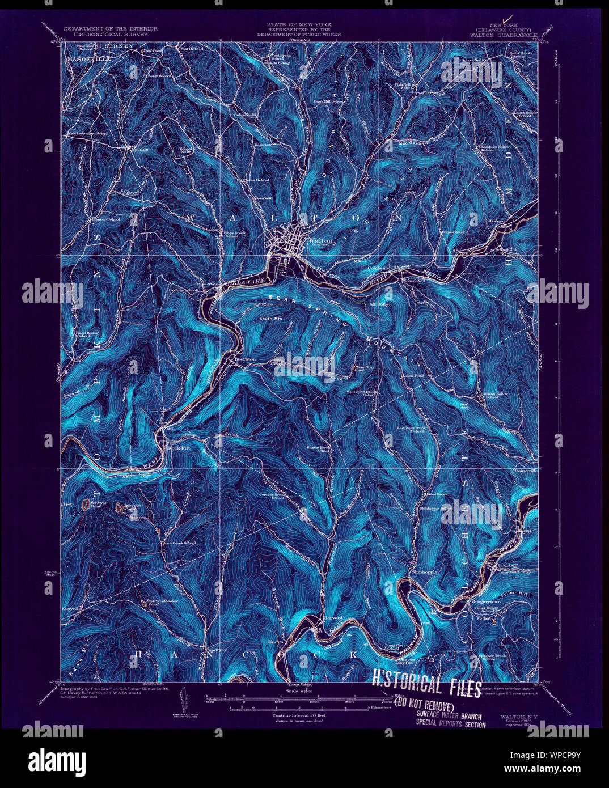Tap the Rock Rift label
(x=174, y=448)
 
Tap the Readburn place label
(x=215, y=650)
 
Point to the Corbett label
(x=509, y=565)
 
